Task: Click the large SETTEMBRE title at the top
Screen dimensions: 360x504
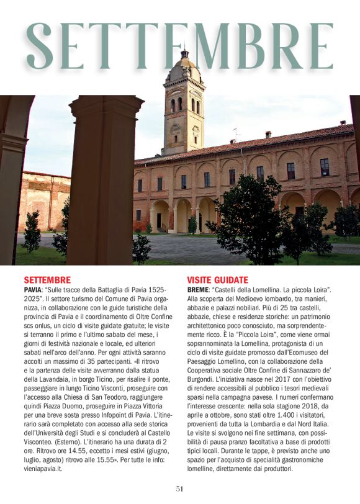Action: tap(180, 47)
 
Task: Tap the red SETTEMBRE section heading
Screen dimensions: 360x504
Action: tap(47, 280)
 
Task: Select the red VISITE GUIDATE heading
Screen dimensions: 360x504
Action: tap(217, 280)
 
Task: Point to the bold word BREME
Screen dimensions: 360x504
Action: tap(197, 290)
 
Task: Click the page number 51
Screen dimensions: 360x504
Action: tap(179, 488)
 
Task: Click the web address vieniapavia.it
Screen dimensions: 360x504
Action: tap(43, 470)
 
